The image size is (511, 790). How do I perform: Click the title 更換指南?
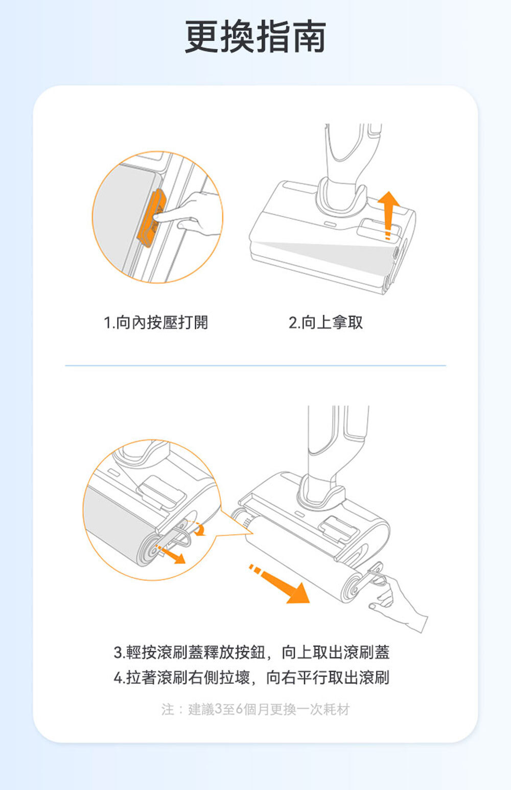(255, 37)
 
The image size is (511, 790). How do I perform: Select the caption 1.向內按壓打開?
(156, 322)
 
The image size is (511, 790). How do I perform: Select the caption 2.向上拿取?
(326, 322)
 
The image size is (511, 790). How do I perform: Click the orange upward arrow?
(388, 215)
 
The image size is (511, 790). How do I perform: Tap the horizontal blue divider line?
(255, 366)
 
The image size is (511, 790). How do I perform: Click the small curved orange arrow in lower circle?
(199, 529)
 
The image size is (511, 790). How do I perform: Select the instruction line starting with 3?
(251, 652)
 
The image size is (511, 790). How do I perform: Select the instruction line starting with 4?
(251, 678)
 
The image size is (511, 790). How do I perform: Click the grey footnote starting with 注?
(255, 709)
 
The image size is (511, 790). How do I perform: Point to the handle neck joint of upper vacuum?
(341, 196)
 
